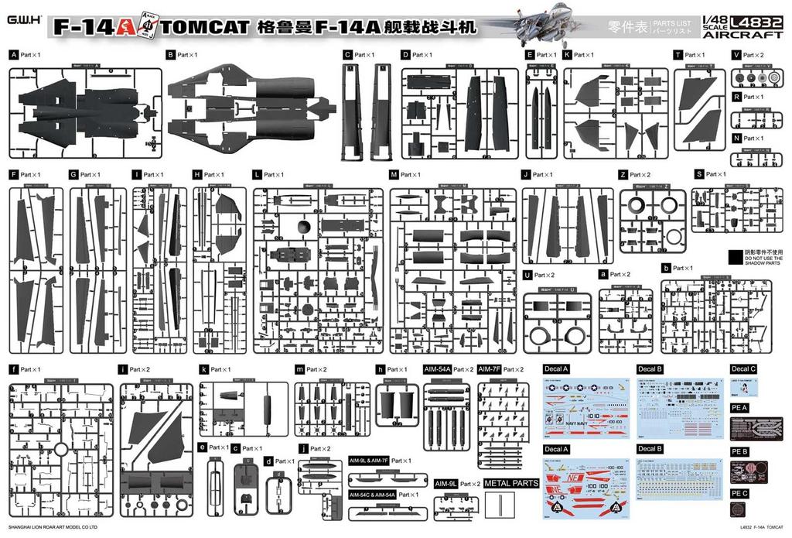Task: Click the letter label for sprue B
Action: pos(170,56)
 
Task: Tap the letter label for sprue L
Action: pos(257,175)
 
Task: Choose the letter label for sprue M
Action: pos(394,175)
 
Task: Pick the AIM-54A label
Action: pos(436,369)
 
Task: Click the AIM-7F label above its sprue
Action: pos(488,369)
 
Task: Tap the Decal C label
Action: pos(743,369)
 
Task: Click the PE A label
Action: pos(739,407)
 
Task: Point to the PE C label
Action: pos(739,492)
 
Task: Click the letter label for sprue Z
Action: pos(623,175)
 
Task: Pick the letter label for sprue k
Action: pos(203,369)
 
